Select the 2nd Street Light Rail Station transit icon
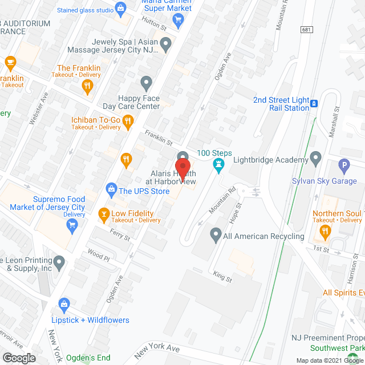pos(314,104)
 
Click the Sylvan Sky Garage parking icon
pos(343,167)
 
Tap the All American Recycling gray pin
pos(215,233)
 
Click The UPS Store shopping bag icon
pos(112,189)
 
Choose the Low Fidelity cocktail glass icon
pos(104,214)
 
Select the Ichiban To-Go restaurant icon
pos(128,120)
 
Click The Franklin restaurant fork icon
pos(87,87)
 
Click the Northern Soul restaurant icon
pos(325,232)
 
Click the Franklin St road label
pos(159,138)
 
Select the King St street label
pos(222,277)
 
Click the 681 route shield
pos(307,29)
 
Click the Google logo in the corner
pos(18,358)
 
